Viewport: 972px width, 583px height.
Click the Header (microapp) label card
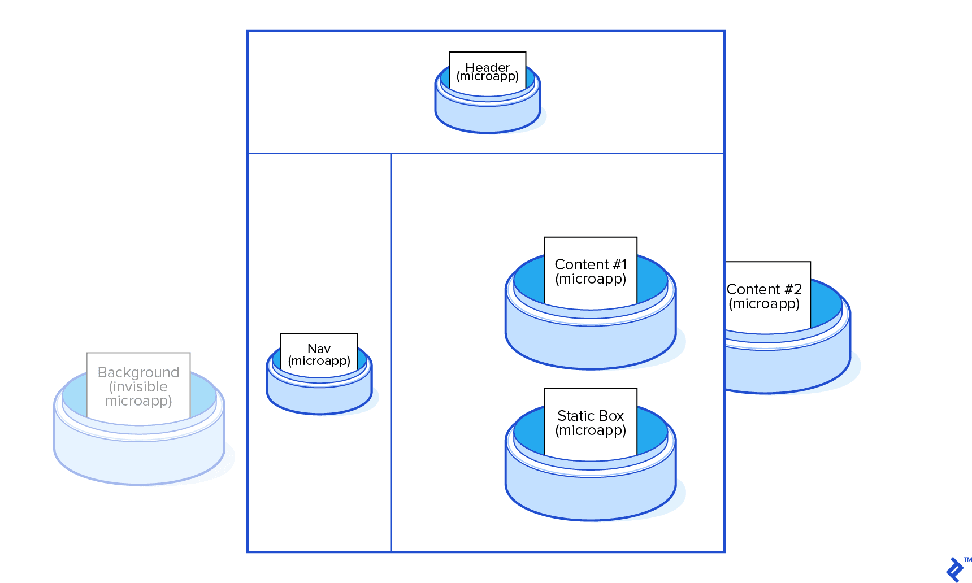(487, 71)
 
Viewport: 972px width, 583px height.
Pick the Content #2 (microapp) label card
(767, 296)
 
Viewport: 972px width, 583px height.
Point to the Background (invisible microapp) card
(138, 386)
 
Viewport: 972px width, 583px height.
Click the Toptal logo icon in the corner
(954, 569)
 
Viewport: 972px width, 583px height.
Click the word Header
(487, 67)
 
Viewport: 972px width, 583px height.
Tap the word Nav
(319, 349)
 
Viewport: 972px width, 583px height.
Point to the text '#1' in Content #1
(619, 264)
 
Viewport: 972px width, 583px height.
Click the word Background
(138, 372)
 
